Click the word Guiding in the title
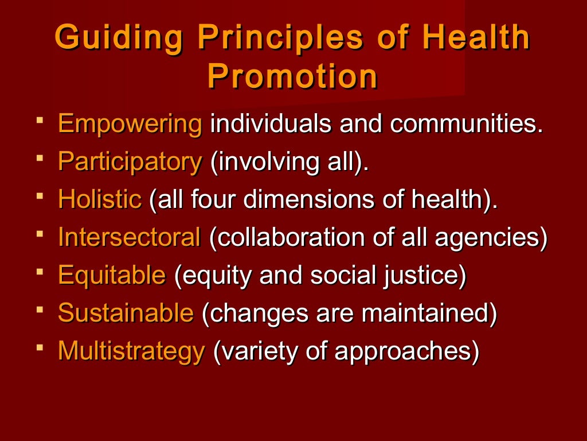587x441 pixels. tap(120, 38)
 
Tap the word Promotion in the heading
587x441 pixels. tap(293, 76)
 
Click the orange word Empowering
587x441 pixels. tap(130, 125)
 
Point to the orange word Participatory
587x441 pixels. tap(130, 163)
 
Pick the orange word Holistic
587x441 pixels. tap(100, 200)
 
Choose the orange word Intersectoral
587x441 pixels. tap(130, 238)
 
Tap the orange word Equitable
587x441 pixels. tap(112, 276)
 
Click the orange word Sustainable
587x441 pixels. tap(126, 314)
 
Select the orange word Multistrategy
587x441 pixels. tap(131, 351)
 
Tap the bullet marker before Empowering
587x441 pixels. tap(39, 121)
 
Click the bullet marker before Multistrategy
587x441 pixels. tap(39, 347)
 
